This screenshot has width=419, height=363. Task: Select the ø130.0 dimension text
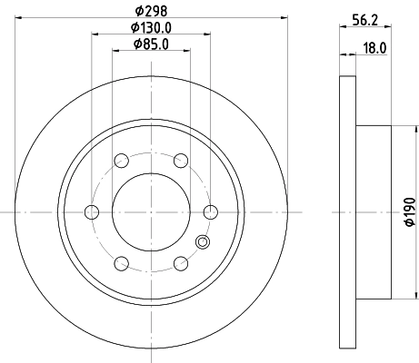click(151, 28)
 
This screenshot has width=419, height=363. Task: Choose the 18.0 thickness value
click(371, 54)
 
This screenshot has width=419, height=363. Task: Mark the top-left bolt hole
click(121, 161)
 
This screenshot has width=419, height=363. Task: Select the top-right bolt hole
click(181, 161)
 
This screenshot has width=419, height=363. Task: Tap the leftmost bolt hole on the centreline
click(91, 212)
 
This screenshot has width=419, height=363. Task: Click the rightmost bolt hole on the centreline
click(211, 212)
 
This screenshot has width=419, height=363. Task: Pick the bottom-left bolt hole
click(121, 264)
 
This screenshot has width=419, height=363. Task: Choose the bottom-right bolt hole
click(181, 264)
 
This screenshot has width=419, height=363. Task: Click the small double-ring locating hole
click(202, 241)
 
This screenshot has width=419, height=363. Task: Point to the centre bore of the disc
click(151, 212)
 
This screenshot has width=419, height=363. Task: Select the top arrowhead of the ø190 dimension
click(394, 126)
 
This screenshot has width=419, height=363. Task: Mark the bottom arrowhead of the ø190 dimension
click(394, 299)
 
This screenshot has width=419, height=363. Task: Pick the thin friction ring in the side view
click(346, 212)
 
